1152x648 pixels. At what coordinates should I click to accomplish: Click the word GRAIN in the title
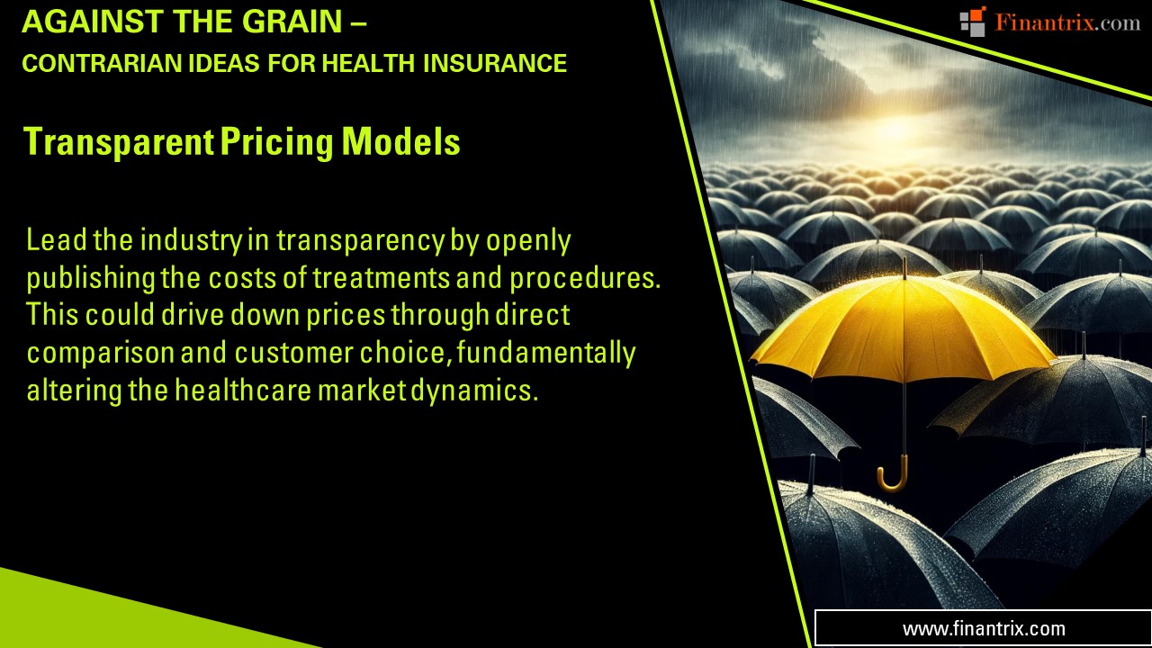point(293,22)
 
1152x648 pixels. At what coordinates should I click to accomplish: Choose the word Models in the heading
point(401,142)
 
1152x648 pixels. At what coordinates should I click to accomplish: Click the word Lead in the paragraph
point(53,241)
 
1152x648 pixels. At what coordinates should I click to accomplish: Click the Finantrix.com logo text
point(1067,22)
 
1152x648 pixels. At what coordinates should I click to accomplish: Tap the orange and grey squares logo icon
point(972,22)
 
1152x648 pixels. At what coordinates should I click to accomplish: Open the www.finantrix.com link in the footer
point(984,629)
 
